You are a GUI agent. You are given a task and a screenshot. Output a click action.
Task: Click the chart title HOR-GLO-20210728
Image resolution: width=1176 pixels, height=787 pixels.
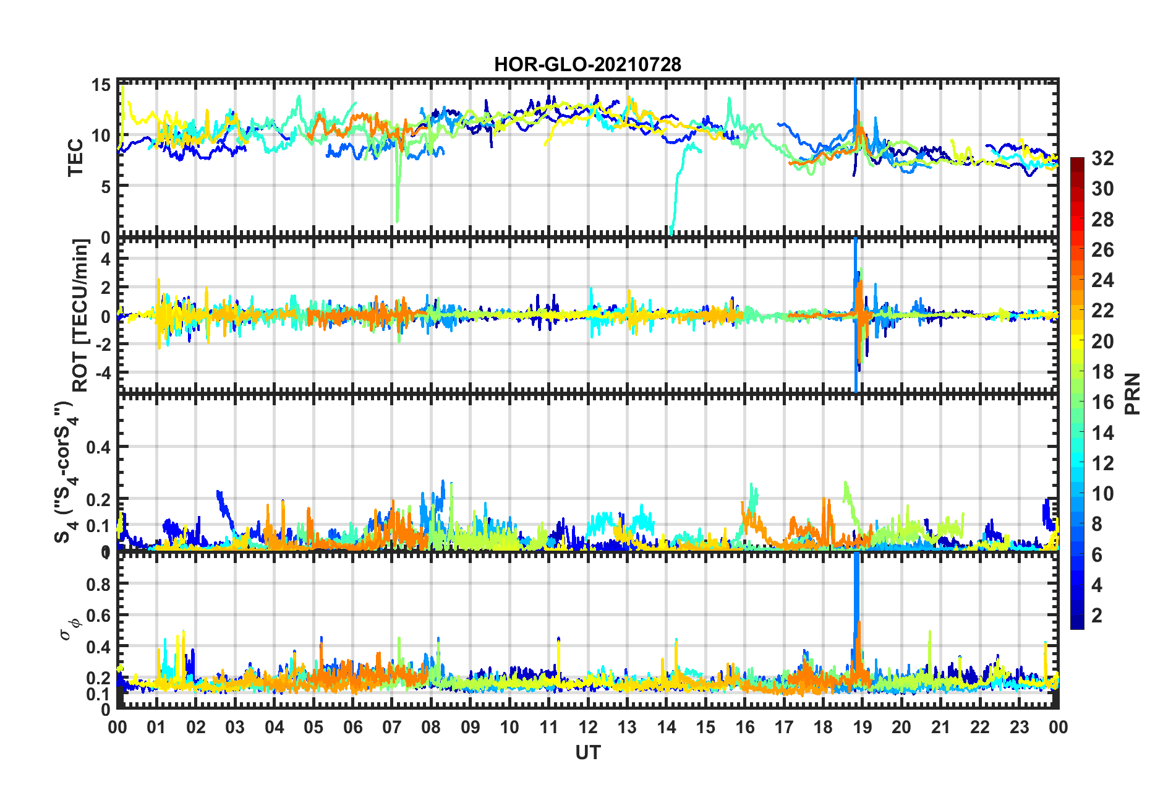point(587,64)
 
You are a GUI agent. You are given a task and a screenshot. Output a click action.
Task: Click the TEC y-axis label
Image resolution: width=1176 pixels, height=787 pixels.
point(75,158)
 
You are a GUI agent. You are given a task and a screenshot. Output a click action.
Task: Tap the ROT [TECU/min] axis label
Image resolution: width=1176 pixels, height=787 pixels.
point(80,315)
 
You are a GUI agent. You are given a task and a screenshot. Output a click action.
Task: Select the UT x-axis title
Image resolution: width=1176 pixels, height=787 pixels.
point(587,752)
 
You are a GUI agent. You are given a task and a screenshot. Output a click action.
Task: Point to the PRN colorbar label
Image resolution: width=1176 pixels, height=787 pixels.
point(1133,394)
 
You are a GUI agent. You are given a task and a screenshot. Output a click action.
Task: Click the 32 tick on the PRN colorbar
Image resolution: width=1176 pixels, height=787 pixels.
point(1102,158)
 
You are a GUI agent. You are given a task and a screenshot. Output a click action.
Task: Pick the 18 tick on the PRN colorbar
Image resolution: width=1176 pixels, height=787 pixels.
point(1102,372)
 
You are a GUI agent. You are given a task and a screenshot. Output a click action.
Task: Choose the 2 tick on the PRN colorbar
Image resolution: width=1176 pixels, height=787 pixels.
point(1097,615)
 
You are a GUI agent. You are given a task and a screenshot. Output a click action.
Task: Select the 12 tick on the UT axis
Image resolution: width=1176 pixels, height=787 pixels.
point(588,728)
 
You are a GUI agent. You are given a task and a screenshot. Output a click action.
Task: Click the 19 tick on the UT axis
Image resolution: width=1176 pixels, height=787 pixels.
point(862,728)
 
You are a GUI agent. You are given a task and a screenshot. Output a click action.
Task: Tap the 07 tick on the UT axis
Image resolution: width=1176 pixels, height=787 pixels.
point(392,728)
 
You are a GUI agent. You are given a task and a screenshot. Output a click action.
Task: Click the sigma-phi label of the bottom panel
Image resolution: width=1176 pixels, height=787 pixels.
point(69,630)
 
